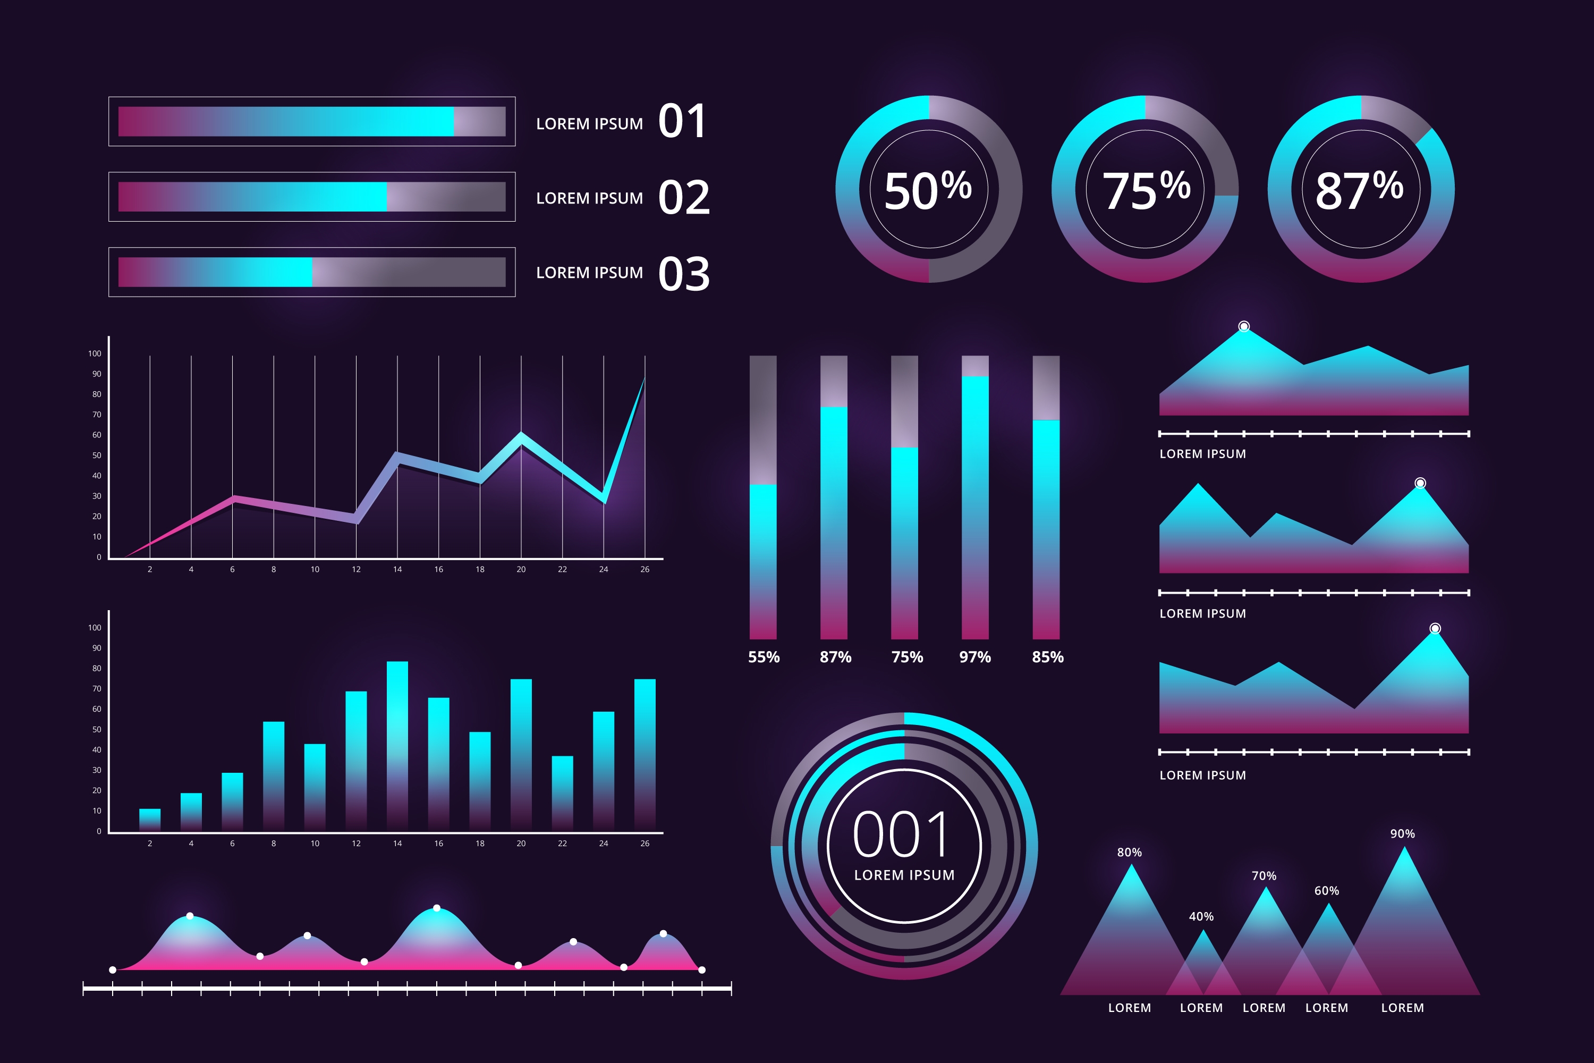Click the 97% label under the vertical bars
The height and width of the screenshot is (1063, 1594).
pos(974,657)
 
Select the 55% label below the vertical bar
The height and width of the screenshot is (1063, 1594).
pos(764,657)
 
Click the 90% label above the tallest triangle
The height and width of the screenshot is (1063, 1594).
pos(1402,834)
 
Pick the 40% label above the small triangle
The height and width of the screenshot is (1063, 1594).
pos(1201,916)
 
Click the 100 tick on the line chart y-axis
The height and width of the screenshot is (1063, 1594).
pos(94,354)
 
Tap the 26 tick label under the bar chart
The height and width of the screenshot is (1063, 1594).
pos(645,843)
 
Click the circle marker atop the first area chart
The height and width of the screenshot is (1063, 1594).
pos(1244,327)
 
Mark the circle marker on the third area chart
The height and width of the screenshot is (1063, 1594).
pos(1435,628)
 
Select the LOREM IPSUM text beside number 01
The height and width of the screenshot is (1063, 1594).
pos(589,124)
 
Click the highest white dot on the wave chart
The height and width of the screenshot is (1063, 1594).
pos(436,908)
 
